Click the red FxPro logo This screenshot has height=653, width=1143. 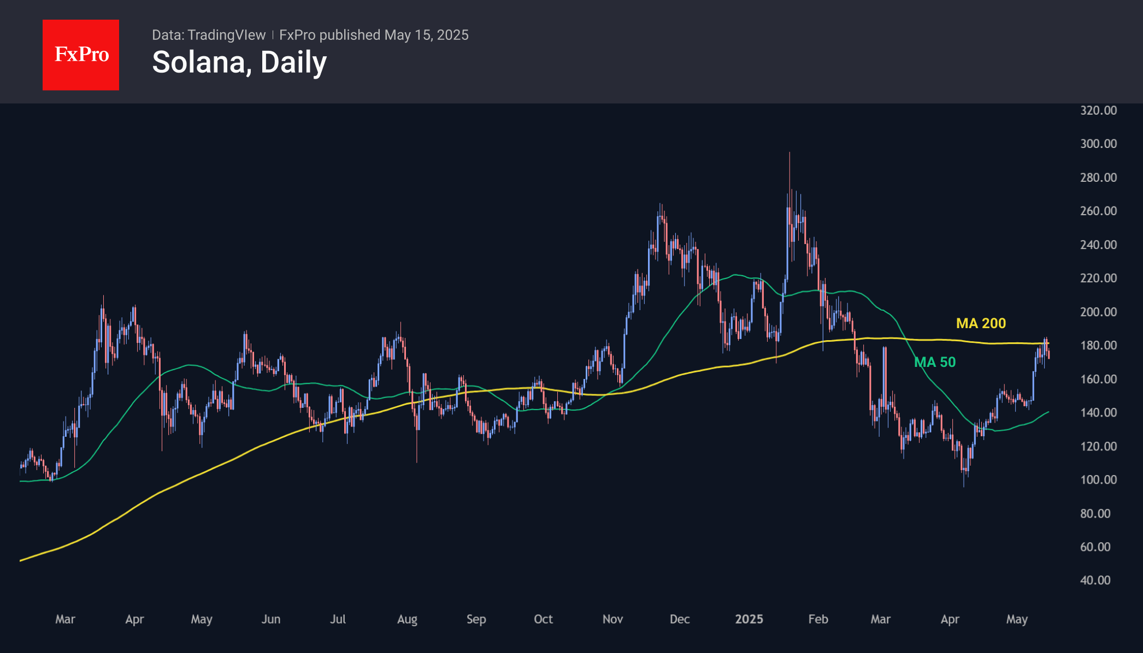click(x=81, y=55)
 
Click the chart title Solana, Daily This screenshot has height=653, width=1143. click(x=239, y=62)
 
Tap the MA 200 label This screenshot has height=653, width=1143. click(x=981, y=323)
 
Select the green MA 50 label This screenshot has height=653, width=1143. click(x=935, y=362)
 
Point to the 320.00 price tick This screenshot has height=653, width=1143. click(x=1098, y=110)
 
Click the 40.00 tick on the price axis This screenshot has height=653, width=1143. click(x=1095, y=580)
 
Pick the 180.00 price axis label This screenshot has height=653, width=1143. click(x=1098, y=346)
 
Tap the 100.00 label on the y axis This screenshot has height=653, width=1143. click(x=1098, y=480)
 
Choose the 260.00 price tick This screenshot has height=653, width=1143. click(x=1098, y=211)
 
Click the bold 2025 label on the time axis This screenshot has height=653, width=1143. click(x=749, y=619)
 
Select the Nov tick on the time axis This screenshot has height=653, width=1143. click(x=612, y=619)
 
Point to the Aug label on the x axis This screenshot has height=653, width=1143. click(x=407, y=619)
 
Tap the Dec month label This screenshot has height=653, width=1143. click(x=680, y=619)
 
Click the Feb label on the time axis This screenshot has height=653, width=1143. click(x=818, y=619)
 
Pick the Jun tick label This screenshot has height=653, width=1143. click(x=270, y=619)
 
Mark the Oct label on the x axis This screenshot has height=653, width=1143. click(x=543, y=619)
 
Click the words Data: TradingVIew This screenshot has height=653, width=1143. click(x=209, y=35)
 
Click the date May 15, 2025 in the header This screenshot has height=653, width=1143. click(x=426, y=35)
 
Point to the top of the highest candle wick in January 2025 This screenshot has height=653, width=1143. click(x=790, y=153)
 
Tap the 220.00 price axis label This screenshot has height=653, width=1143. click(x=1098, y=278)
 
